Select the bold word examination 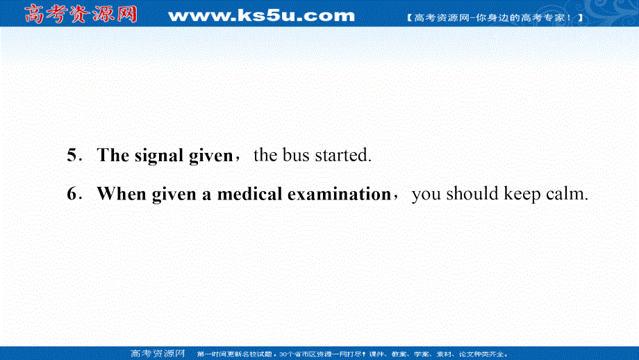pos(340,194)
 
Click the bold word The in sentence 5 pos(113,155)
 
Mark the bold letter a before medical pos(206,195)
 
